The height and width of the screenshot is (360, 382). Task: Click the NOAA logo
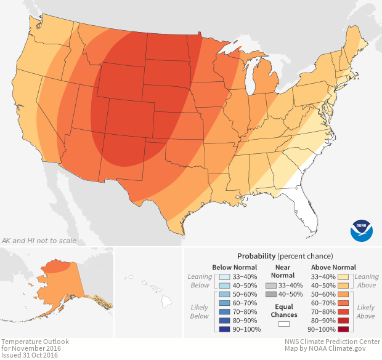point(362,230)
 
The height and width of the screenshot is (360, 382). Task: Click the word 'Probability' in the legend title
point(256,255)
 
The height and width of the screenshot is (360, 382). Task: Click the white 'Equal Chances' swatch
point(283,324)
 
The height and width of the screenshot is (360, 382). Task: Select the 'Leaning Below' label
point(200,281)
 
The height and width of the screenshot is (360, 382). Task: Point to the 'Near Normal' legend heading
point(283,271)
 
